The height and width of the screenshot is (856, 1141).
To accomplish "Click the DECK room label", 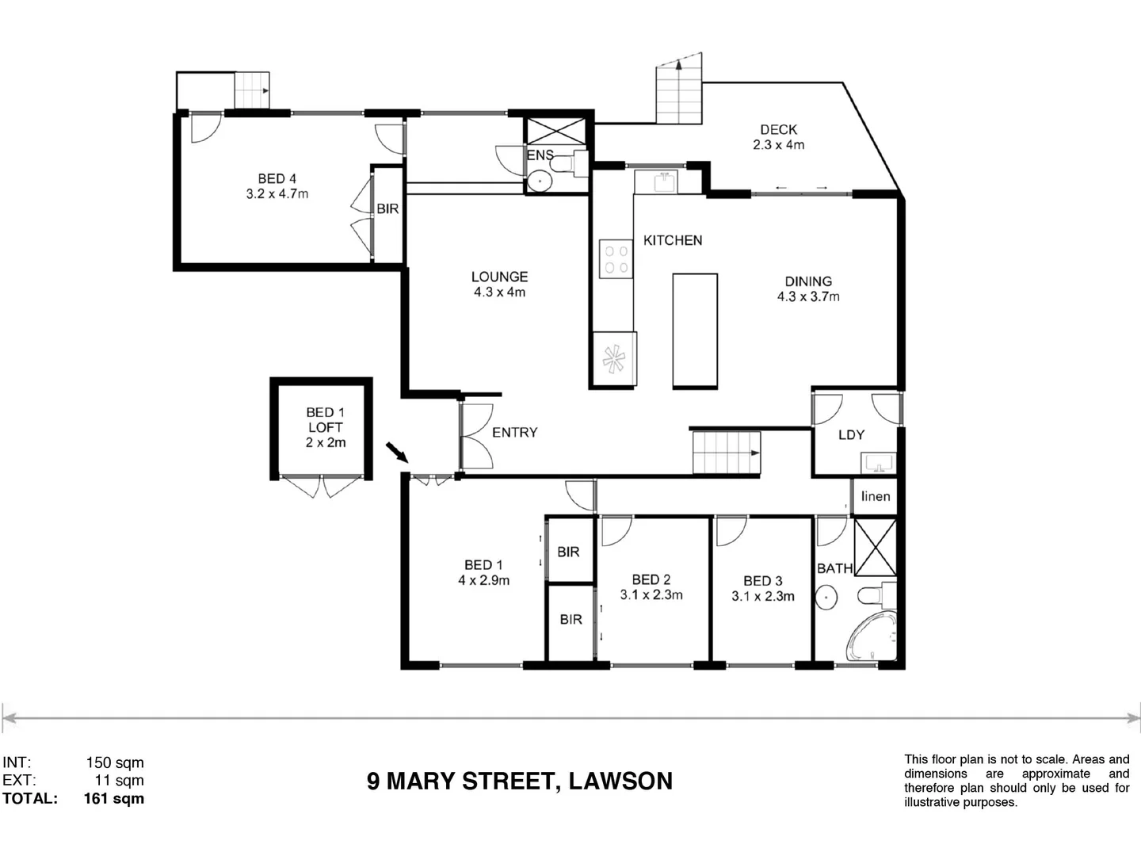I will tap(778, 130).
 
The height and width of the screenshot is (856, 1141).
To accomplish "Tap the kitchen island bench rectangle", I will tap(695, 331).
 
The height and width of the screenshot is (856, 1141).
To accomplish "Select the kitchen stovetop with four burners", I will tap(616, 259).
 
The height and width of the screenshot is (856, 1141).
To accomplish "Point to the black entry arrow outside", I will tap(396, 453).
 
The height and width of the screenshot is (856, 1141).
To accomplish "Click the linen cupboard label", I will tap(876, 497).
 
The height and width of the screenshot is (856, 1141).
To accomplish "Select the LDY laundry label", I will tap(851, 435).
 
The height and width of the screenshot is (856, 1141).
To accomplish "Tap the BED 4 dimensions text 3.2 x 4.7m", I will tap(277, 194).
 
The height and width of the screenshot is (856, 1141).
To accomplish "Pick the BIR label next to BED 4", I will tap(387, 209).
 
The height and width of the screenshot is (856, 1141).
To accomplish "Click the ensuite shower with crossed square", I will tap(555, 130).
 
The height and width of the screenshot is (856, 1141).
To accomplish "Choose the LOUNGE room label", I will tap(499, 277).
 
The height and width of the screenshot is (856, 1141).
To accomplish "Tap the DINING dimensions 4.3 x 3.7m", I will tap(808, 297).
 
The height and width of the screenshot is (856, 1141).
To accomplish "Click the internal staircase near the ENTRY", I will tap(726, 453).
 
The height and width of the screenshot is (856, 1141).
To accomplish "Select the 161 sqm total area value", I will tap(114, 799).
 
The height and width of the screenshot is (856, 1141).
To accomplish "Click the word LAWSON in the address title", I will tap(620, 781).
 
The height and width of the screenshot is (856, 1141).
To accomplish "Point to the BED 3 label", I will tap(762, 581).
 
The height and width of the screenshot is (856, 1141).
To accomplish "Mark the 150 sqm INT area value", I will tap(115, 763).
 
